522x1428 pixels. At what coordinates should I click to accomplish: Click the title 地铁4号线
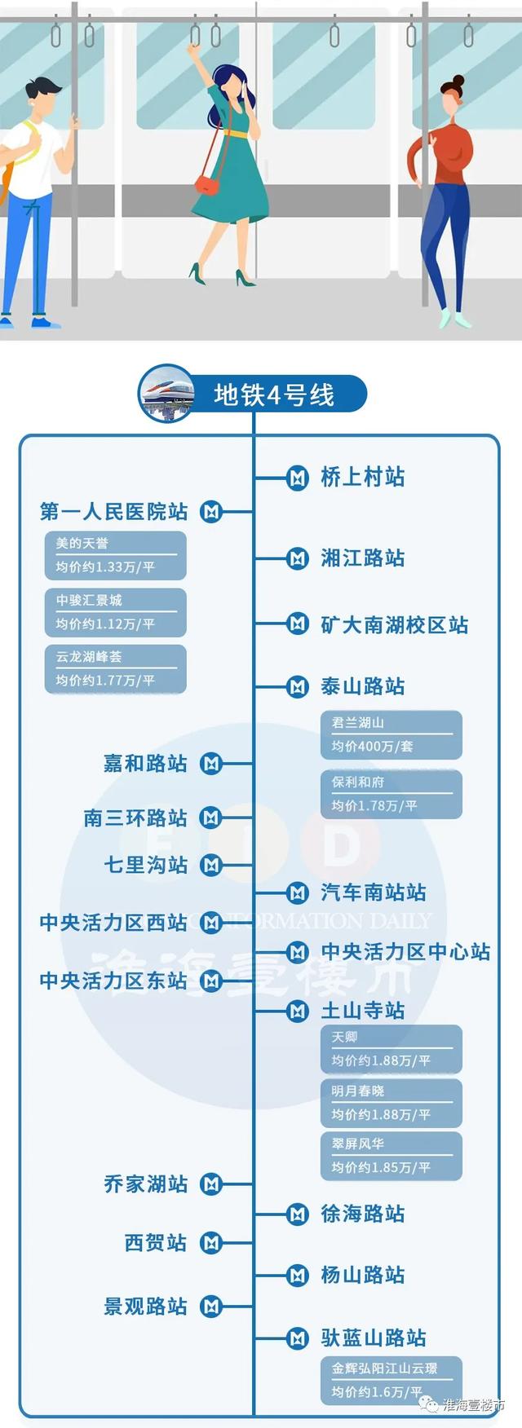(274, 395)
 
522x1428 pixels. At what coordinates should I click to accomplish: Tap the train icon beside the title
(166, 394)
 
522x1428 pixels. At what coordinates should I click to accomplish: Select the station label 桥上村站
(362, 477)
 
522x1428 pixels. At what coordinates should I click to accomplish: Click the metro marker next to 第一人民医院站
(212, 512)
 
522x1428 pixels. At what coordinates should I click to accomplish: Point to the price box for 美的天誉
(116, 556)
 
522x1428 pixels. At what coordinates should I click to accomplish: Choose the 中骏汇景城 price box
(116, 613)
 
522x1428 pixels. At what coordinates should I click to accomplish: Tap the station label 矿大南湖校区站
(395, 625)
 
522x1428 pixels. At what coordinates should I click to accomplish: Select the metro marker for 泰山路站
(298, 686)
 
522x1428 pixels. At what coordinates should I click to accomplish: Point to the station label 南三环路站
(135, 818)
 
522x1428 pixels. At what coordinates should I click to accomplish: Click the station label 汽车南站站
(374, 892)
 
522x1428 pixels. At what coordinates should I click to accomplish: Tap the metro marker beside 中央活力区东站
(212, 981)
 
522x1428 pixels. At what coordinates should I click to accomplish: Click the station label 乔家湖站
(146, 1184)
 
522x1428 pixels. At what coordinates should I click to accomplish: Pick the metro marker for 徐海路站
(298, 1214)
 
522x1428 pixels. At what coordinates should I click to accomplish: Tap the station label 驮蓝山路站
(374, 1338)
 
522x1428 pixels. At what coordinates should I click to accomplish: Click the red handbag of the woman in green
(208, 184)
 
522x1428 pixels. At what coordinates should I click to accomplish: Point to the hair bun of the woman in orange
(458, 81)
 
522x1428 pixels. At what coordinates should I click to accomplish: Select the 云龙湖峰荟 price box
(116, 669)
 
